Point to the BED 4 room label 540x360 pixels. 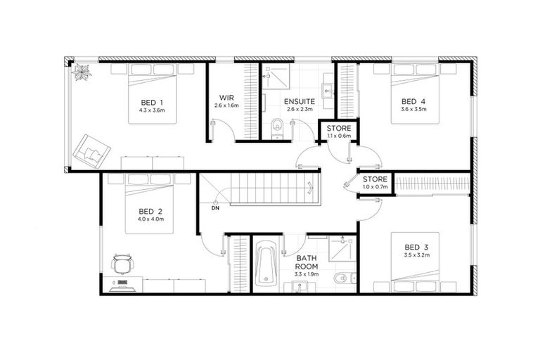point(413,101)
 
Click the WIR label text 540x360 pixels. point(226,97)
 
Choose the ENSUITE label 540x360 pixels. point(298,101)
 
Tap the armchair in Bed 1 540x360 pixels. point(93,148)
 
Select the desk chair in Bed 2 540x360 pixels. point(122,264)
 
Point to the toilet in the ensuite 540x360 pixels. point(278,127)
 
